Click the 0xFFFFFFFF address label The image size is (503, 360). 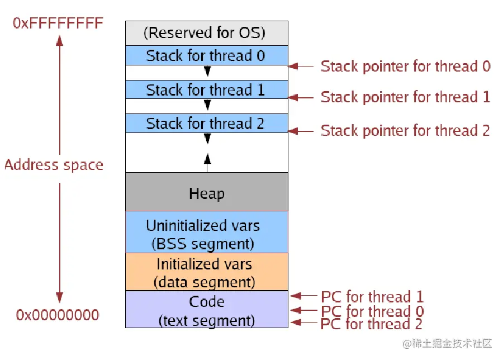[x=58, y=23]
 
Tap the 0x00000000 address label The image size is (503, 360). [x=58, y=315]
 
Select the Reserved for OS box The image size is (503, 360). [x=207, y=33]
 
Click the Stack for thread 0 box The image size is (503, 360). [x=207, y=55]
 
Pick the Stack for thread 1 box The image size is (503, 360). [x=207, y=89]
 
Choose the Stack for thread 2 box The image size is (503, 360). [x=207, y=123]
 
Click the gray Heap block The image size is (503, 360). [x=207, y=192]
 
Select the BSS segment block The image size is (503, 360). [x=207, y=232]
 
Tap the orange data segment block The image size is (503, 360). [x=207, y=272]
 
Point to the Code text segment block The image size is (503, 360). [x=207, y=309]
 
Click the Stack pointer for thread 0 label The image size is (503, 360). [x=406, y=67]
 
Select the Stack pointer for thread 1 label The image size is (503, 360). [x=406, y=97]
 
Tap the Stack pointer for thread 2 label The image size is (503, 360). [x=406, y=131]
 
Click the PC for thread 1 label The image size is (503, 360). [x=372, y=297]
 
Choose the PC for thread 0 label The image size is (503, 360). [x=372, y=311]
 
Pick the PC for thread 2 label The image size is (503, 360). [x=372, y=324]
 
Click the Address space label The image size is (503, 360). [x=54, y=165]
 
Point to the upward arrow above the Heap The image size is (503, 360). [x=207, y=163]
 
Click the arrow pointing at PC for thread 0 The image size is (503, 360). [x=303, y=310]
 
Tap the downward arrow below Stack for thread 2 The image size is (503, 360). [x=207, y=138]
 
